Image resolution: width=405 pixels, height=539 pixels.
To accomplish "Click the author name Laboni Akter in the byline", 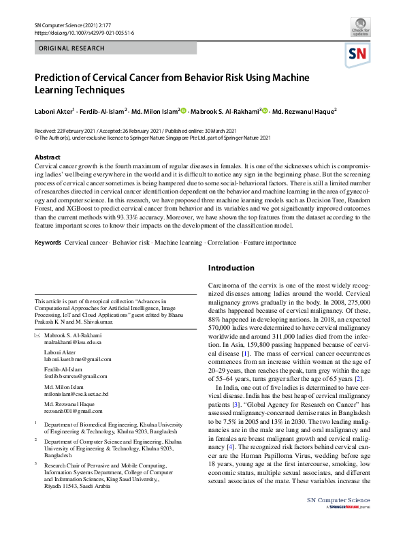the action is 56,111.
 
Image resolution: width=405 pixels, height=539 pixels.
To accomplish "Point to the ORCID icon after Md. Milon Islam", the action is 184,110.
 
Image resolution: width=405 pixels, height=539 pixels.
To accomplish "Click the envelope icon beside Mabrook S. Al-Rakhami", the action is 37,337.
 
